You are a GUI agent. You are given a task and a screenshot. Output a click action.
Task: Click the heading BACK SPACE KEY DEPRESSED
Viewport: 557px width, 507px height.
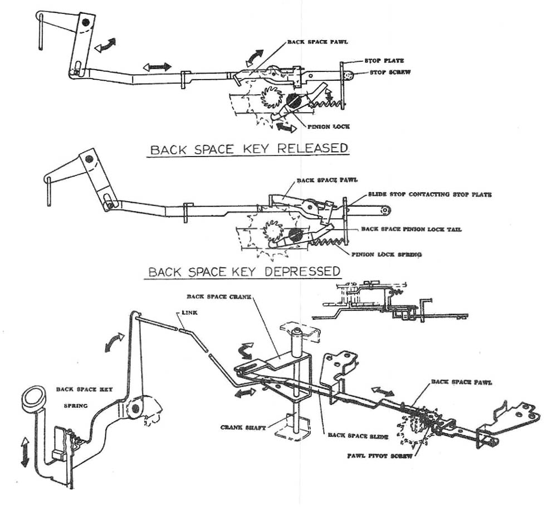(x=244, y=271)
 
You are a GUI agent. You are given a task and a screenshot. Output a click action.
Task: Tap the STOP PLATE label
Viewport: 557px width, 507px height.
(x=384, y=61)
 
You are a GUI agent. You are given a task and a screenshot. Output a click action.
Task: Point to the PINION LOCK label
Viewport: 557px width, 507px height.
(x=329, y=127)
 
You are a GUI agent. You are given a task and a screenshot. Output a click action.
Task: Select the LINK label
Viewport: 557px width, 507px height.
(x=189, y=314)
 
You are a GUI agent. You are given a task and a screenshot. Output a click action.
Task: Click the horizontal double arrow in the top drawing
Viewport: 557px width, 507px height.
(x=158, y=67)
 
